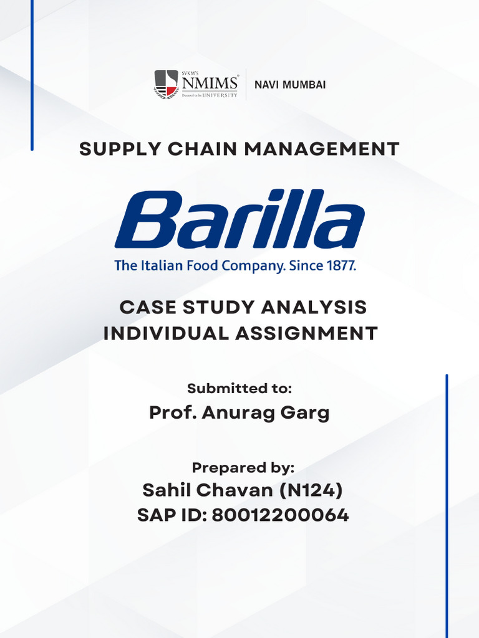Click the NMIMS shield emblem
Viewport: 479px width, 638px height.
point(166,84)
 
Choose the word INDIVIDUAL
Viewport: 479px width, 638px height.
point(166,333)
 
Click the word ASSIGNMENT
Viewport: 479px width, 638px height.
point(306,333)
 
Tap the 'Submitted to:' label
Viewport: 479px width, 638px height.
point(239,389)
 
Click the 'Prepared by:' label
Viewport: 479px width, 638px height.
point(243,468)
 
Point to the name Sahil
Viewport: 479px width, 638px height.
point(167,490)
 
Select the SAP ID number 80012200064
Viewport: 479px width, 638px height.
point(280,515)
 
